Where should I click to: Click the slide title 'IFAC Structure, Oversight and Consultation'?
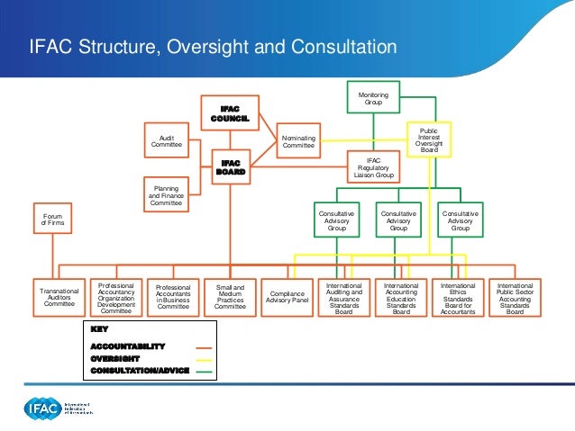(x=213, y=46)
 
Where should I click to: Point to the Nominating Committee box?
(x=298, y=141)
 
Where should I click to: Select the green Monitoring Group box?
(x=372, y=99)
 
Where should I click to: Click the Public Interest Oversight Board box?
(x=428, y=140)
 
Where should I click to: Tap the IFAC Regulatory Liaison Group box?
(x=372, y=168)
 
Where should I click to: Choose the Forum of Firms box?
(x=53, y=219)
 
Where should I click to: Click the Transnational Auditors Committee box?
(x=59, y=298)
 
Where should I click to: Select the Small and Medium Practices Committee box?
(x=230, y=298)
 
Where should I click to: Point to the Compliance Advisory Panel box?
(x=287, y=298)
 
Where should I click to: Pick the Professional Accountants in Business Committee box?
(x=173, y=298)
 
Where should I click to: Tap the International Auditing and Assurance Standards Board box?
(x=343, y=298)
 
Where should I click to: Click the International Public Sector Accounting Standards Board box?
(x=515, y=298)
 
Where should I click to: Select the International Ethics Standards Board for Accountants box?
(x=458, y=298)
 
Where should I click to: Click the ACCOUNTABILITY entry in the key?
(x=128, y=346)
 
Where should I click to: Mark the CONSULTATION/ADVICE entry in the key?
(x=140, y=370)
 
